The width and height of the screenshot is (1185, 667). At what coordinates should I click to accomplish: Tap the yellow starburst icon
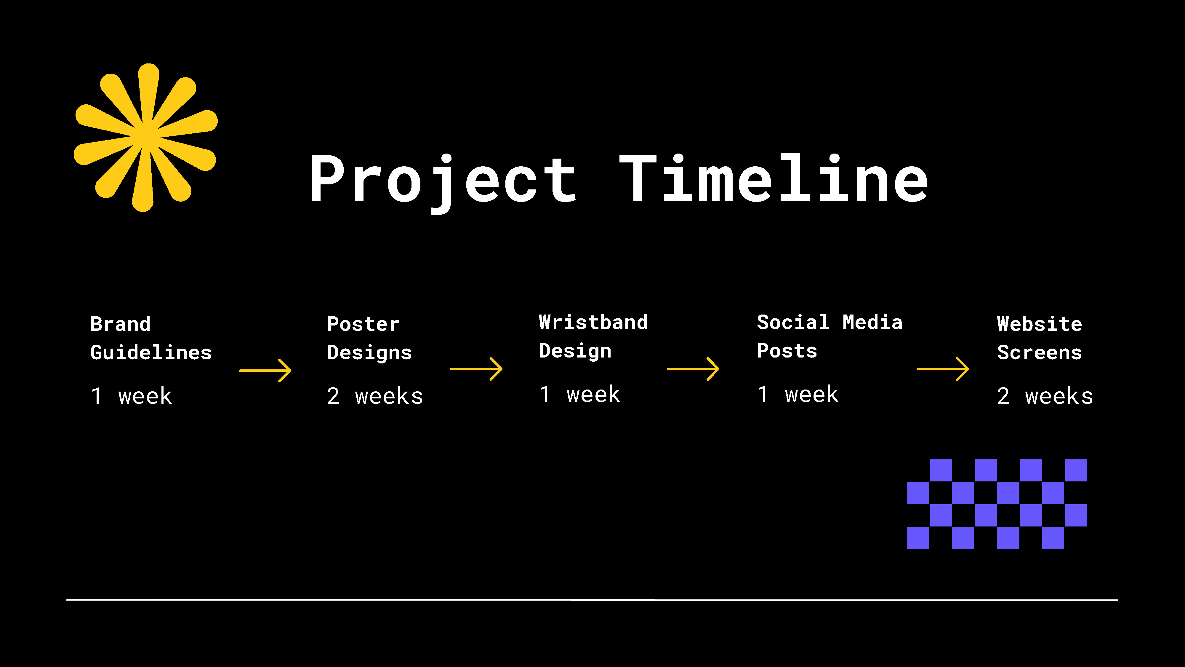pyautogui.click(x=145, y=138)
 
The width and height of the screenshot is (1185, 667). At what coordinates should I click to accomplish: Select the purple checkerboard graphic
pyautogui.click(x=997, y=504)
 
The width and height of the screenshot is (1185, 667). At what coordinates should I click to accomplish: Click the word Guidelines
pyautogui.click(x=151, y=352)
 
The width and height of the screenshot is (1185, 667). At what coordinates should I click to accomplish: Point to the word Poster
pyautogui.click(x=363, y=324)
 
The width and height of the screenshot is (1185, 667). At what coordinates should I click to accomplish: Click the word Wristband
pyautogui.click(x=593, y=322)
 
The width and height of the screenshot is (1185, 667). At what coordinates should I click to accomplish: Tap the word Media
pyautogui.click(x=873, y=322)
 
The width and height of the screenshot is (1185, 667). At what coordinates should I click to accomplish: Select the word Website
pyautogui.click(x=1040, y=324)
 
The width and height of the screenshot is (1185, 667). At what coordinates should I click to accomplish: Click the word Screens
pyautogui.click(x=1040, y=352)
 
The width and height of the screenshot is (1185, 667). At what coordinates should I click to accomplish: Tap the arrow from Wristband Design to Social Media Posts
pyautogui.click(x=693, y=369)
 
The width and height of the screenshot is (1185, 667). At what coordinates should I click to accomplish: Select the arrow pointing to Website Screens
pyautogui.click(x=943, y=369)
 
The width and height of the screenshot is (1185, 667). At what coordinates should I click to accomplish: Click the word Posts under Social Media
pyautogui.click(x=787, y=351)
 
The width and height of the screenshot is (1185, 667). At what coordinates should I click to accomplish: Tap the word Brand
pyautogui.click(x=121, y=324)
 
